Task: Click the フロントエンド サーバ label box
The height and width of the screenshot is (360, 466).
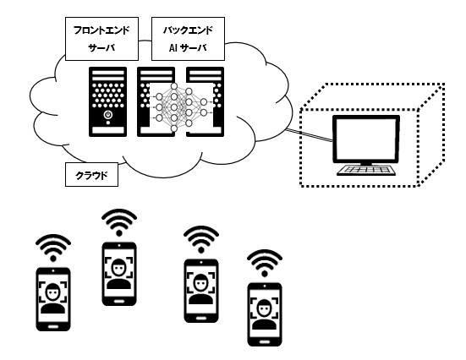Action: coord(101,39)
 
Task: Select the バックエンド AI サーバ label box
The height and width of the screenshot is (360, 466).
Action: coord(188,39)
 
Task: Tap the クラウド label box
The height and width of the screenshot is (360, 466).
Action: coord(91,175)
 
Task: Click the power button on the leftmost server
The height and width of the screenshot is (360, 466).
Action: coord(108,115)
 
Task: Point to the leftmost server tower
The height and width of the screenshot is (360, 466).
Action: coord(108,102)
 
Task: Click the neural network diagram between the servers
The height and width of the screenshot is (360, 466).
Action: coord(181,107)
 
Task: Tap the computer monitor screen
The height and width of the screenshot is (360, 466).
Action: coord(366,139)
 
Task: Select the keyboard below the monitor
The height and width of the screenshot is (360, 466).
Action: coord(366,170)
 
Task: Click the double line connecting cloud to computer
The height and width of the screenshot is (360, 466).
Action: coord(309,135)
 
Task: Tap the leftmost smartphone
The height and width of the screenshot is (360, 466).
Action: coord(53,299)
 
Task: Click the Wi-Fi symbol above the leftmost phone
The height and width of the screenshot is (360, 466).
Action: coord(53,248)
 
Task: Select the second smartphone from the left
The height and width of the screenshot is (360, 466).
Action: coord(119,274)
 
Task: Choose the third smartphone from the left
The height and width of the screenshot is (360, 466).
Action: coord(201,291)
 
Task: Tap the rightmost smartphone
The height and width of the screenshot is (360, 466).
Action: coord(265,314)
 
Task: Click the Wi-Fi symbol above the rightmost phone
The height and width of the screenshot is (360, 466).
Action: coord(265,263)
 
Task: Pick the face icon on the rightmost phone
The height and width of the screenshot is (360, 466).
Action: coord(265,314)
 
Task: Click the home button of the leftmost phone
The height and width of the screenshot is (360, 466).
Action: coord(53,326)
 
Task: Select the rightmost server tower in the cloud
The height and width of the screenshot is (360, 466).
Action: coord(205,102)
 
